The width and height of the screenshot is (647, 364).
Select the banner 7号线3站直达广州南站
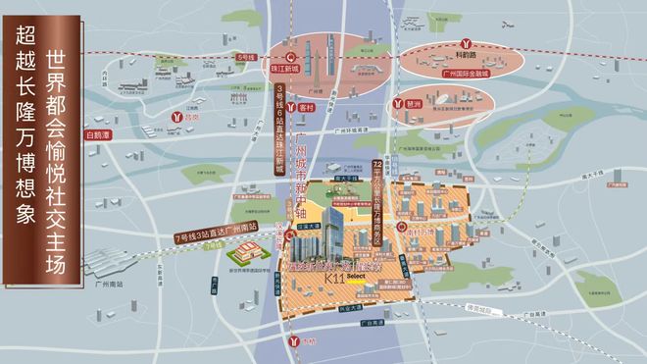222,238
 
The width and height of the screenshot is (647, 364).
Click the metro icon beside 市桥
298,340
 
